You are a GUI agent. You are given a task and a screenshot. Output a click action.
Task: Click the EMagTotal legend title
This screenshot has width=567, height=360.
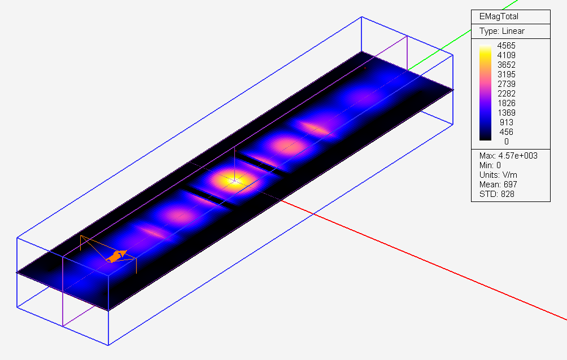pos(499,16)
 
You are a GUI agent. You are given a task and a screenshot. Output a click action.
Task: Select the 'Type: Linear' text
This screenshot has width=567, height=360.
pos(502,31)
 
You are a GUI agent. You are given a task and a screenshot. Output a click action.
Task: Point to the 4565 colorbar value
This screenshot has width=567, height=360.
pos(506,46)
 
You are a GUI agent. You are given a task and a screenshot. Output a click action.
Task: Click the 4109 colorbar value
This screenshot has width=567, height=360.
pos(506,55)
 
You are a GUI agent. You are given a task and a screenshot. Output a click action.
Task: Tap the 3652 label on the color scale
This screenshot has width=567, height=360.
pos(506,65)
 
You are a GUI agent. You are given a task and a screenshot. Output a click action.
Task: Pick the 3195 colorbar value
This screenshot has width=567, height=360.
pos(506,74)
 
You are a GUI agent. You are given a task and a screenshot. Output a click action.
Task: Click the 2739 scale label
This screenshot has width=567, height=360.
pos(506,84)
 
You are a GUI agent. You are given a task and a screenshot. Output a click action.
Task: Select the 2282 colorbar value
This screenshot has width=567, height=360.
pos(506,94)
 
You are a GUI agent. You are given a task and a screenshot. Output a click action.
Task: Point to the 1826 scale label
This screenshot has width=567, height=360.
pos(506,103)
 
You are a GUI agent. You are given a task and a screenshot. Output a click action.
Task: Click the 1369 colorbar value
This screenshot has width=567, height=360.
pos(506,113)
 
